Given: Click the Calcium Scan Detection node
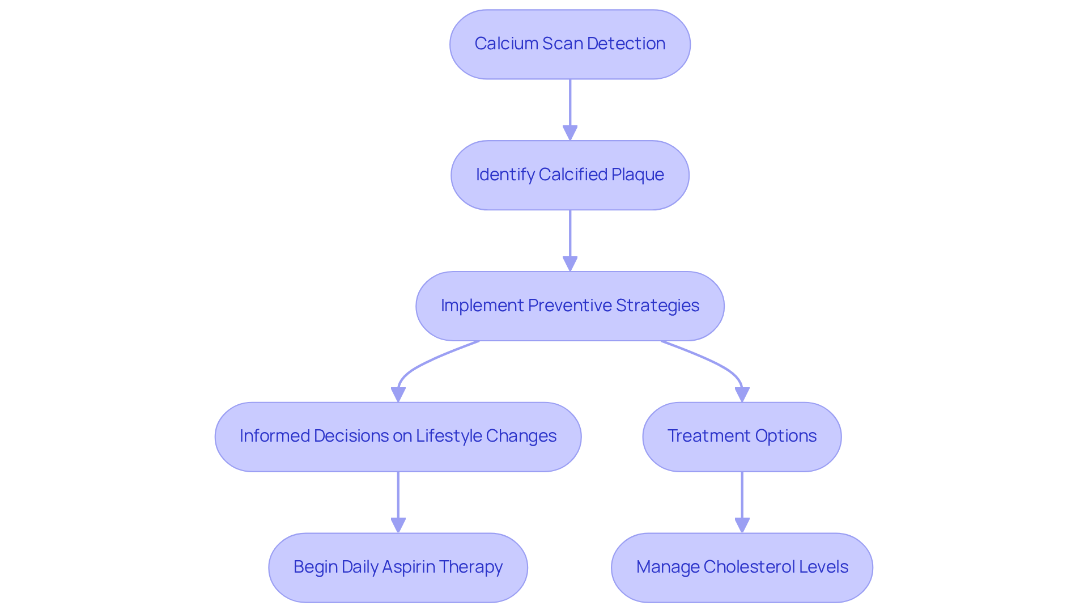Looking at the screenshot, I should click(569, 44).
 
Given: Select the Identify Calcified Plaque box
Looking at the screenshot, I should click(569, 175).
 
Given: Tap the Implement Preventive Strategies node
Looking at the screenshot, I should click(569, 306).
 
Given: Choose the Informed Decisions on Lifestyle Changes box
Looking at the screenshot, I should click(398, 437).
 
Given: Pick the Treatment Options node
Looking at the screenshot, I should click(742, 437).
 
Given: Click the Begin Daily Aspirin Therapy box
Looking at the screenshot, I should click(398, 568).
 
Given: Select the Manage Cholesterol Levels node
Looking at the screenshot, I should click(742, 568).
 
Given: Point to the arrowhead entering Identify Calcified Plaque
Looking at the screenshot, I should click(570, 133).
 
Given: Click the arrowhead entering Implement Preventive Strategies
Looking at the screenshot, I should click(570, 264).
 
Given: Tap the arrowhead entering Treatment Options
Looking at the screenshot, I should click(742, 395).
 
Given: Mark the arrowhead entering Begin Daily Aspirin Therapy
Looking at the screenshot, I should click(398, 526).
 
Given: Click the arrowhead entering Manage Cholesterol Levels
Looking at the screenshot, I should click(742, 526).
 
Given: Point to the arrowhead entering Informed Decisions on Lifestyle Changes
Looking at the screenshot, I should click(398, 395).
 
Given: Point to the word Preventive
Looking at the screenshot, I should click(569, 306).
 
